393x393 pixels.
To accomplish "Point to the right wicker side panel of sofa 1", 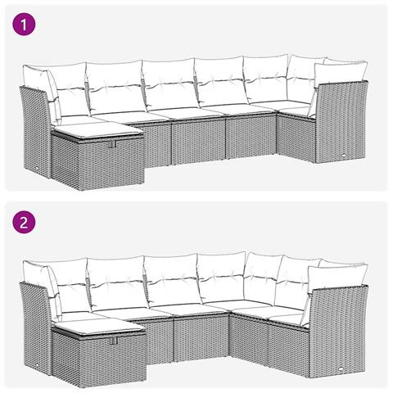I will point(340,123).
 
